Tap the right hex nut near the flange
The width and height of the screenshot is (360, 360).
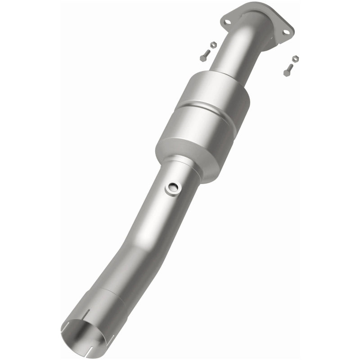295,58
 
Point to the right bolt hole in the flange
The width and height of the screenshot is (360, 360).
284,31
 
